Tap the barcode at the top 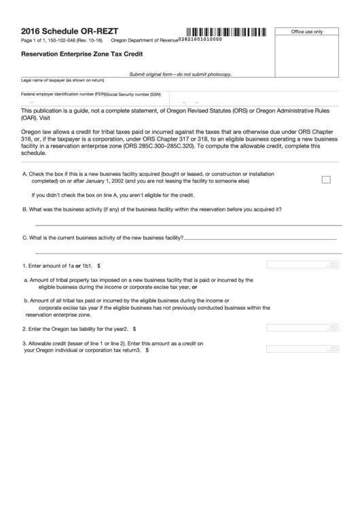(226, 31)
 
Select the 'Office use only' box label (306, 32)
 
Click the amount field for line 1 (302, 265)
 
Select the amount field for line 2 (302, 328)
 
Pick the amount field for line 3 (302, 349)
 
